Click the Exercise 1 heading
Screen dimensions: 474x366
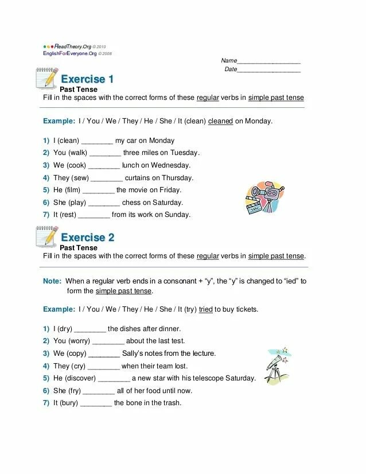point(87,79)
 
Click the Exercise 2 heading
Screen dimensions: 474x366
point(87,237)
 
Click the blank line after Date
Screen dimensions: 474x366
point(269,71)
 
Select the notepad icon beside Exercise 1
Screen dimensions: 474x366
point(46,77)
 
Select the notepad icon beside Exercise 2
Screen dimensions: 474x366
point(46,236)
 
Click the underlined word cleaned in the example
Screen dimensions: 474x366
point(220,122)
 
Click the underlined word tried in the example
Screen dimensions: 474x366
point(206,309)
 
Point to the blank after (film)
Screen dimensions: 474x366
point(99,191)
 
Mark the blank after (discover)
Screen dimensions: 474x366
point(114,379)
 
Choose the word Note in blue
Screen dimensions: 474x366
point(52,281)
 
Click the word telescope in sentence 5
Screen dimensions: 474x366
point(208,379)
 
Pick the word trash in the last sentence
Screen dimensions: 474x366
point(172,403)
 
